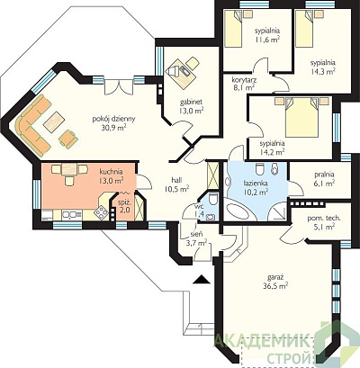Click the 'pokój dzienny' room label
coord(113,119)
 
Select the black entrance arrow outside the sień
coord(202,279)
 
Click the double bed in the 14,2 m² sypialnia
coord(301,117)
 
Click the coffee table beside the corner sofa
coord(54,121)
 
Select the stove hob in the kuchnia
coord(102,212)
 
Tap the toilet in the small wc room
coord(213,199)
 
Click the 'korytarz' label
coord(244,80)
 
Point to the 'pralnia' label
coord(324,175)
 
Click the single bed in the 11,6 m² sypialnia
coord(233,28)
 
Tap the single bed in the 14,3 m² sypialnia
coord(304,28)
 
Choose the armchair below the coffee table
coord(68,139)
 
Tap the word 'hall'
coord(176,179)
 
